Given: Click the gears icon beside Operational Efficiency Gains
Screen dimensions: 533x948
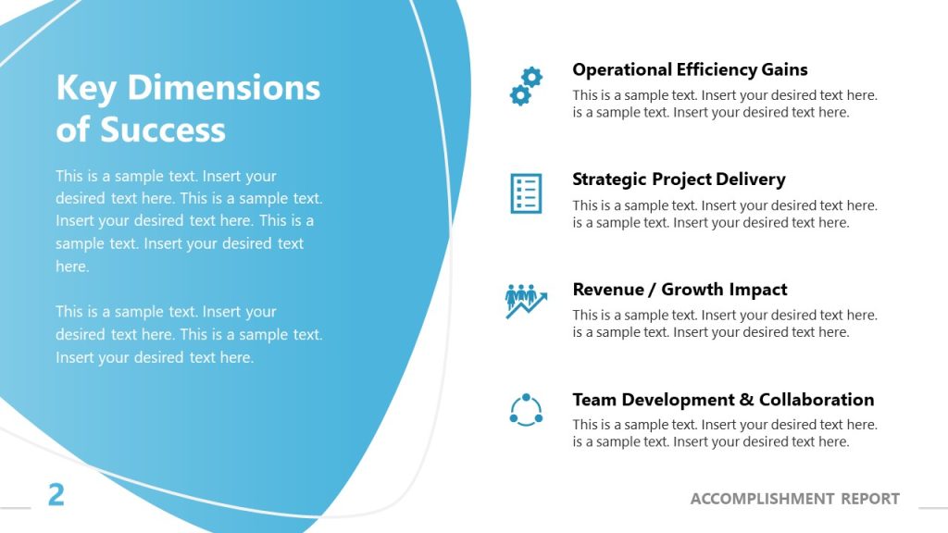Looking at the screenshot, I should (x=526, y=85).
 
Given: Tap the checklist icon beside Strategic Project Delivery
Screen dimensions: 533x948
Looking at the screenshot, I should (x=526, y=192).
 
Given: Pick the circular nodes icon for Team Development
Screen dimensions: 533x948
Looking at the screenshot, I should (x=526, y=410).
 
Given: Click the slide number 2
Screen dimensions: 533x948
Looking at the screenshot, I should (x=56, y=495).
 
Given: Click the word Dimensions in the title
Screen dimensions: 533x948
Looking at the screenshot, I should (x=223, y=88).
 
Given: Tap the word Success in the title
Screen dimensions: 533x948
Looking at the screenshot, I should (x=162, y=130).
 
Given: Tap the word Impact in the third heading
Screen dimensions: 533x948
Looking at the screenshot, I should (x=758, y=290).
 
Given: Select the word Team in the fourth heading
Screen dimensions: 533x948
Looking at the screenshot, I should (x=594, y=400).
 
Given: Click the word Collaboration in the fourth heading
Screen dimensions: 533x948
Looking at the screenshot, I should (x=817, y=400).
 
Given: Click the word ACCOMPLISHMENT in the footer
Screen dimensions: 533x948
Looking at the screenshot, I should (x=762, y=499).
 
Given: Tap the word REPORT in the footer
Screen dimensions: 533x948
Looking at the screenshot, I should (x=870, y=499).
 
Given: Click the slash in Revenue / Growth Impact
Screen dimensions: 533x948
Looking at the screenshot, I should (x=655, y=290).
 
